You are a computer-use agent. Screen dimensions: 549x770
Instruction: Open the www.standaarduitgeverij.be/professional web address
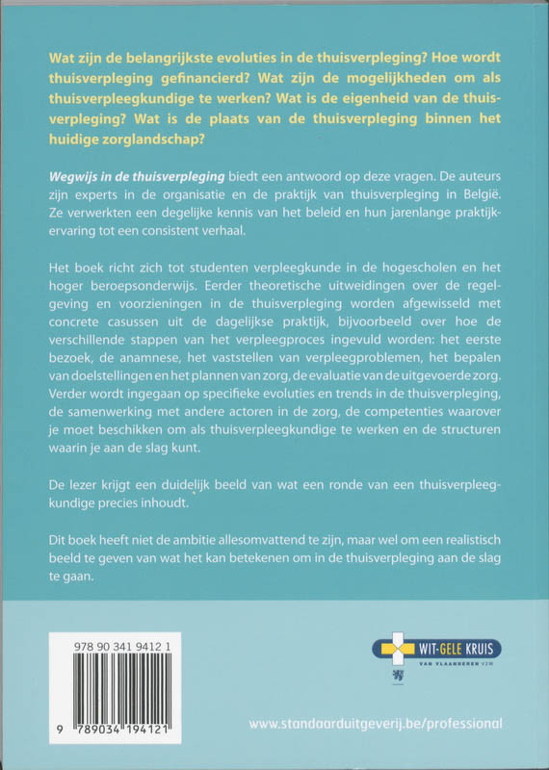[x=375, y=723]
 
